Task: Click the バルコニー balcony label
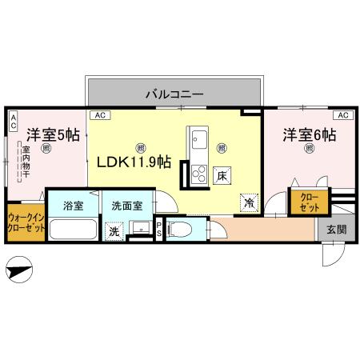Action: (x=174, y=94)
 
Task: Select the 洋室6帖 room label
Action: (x=308, y=134)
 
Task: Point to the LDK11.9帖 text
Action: (x=134, y=162)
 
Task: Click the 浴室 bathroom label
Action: (x=73, y=205)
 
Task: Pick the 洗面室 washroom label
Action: (x=127, y=205)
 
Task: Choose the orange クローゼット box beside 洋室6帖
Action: (x=308, y=202)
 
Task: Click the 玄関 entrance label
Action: (x=337, y=230)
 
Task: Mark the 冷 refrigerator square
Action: (x=250, y=202)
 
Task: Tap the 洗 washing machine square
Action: (x=114, y=230)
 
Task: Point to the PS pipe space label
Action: (x=159, y=228)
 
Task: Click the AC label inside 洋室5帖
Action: (x=14, y=121)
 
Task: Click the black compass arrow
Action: (x=21, y=270)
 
